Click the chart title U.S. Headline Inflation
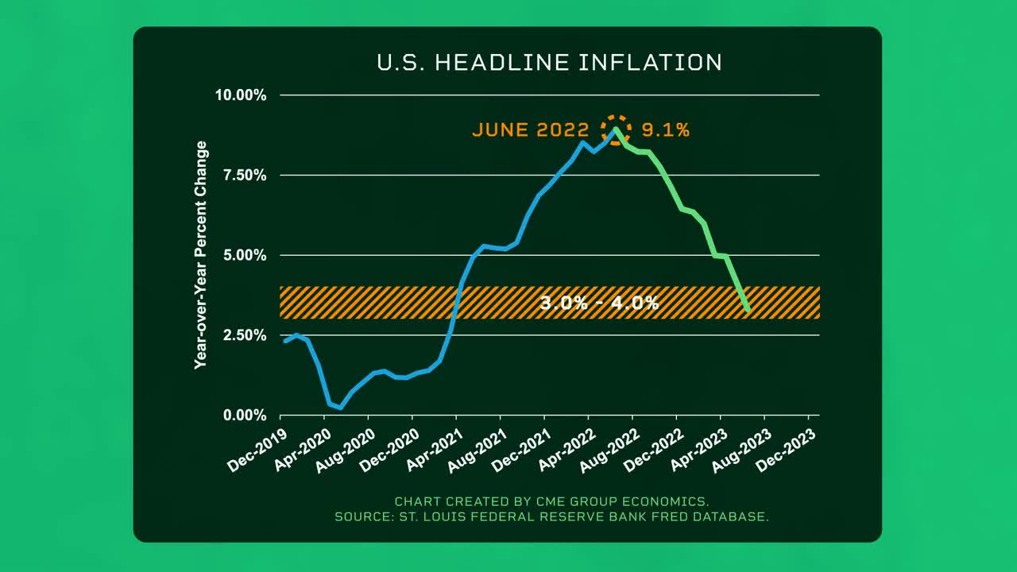(549, 63)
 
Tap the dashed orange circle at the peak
(615, 129)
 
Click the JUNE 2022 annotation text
(530, 130)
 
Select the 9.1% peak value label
(665, 130)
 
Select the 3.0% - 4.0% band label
(599, 303)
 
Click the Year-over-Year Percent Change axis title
(201, 254)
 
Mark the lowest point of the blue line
(340, 408)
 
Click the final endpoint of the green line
(748, 310)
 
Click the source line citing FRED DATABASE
(551, 517)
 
